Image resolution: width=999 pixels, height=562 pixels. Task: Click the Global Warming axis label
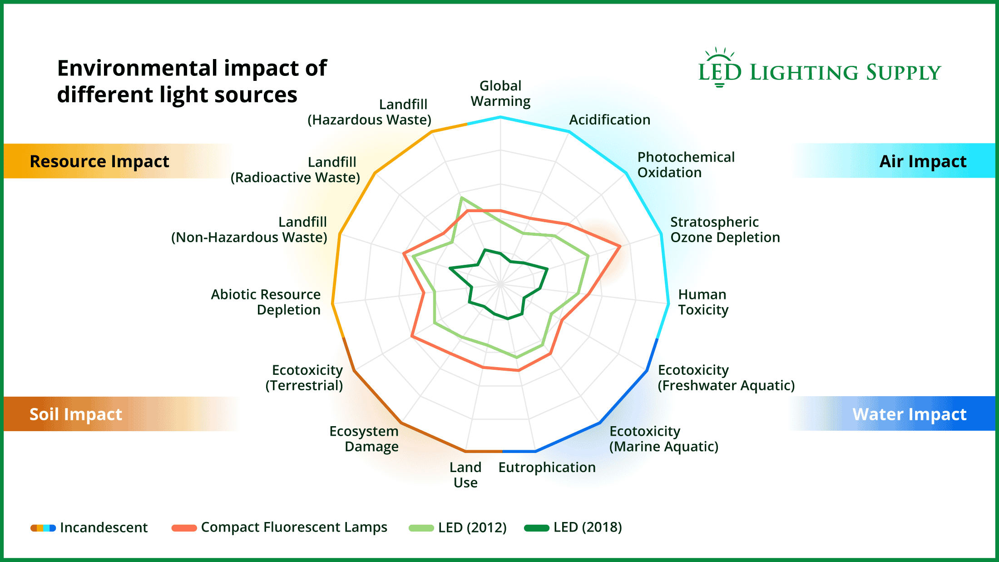500,94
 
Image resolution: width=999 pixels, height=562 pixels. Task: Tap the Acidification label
609,119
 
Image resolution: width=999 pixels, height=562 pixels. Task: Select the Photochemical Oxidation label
686,164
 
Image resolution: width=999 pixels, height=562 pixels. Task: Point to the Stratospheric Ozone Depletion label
725,229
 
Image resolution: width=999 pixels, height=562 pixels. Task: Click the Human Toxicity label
703,302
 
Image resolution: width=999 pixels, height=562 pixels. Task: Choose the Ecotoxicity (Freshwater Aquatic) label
726,378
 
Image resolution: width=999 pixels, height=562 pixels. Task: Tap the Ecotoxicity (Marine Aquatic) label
663,438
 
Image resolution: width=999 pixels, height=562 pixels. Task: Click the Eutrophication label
547,467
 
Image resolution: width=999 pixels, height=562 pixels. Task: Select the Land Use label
465,475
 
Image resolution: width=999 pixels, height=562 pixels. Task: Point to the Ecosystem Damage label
364,438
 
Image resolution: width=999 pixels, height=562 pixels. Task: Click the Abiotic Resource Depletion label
266,302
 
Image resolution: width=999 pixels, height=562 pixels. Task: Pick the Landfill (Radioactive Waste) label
295,169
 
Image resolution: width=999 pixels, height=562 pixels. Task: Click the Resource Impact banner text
99,161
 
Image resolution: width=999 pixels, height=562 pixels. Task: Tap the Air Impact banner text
923,161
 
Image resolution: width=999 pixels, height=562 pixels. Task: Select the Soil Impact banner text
76,414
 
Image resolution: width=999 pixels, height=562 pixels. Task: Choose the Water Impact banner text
909,414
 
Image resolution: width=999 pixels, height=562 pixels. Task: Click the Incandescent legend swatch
43,528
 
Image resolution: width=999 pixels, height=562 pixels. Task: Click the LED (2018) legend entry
573,527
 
